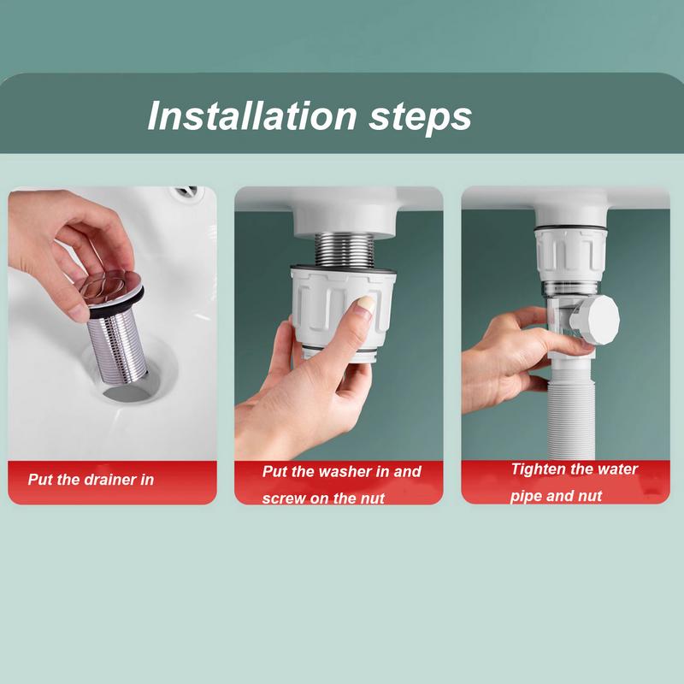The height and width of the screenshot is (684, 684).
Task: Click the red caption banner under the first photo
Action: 112,481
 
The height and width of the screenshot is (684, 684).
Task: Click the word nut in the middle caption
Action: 372,498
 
